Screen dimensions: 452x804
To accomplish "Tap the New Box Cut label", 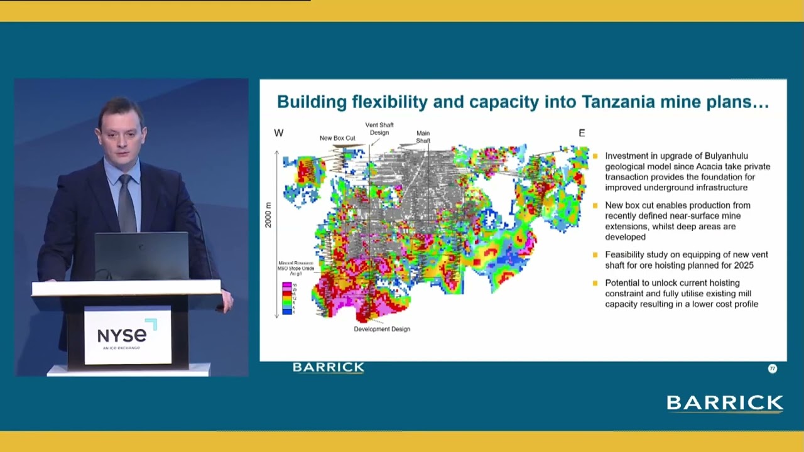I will click(337, 138).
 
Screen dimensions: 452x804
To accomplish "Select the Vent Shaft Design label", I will click(379, 129).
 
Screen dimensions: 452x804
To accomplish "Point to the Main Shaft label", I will click(423, 137).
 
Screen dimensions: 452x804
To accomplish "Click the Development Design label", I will click(382, 329).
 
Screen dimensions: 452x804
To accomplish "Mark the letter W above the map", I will click(279, 133).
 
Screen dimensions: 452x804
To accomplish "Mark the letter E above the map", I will click(582, 133).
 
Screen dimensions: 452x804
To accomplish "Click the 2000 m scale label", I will click(269, 215).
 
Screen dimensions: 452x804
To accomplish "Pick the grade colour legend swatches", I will click(287, 298).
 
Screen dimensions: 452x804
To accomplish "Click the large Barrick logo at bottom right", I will click(725, 403).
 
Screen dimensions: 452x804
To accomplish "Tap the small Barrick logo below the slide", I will click(329, 367).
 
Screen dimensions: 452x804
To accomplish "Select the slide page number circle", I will click(773, 369).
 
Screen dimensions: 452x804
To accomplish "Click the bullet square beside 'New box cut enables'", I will click(595, 205).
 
